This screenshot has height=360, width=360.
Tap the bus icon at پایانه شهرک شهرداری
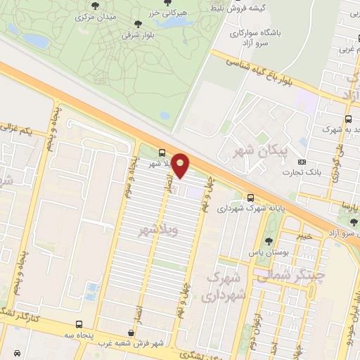tap(250, 198)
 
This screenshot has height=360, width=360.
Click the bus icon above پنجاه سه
tap(79, 325)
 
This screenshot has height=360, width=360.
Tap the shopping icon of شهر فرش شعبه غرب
tap(130, 333)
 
